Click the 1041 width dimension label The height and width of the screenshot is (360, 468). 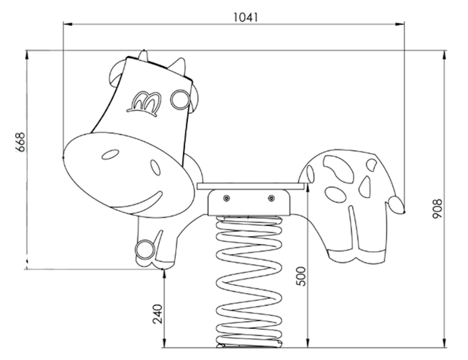tap(245, 18)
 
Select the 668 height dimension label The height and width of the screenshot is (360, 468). tap(20, 142)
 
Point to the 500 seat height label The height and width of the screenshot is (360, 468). tap(302, 276)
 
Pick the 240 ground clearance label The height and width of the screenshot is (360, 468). tap(157, 314)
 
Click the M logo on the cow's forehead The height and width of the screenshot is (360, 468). tap(144, 104)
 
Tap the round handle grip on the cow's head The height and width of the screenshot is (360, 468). tap(180, 100)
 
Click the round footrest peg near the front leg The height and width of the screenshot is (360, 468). tap(145, 249)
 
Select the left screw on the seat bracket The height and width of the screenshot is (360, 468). tap(226, 198)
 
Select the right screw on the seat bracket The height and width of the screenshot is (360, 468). tap(271, 198)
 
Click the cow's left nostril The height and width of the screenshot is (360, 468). tap(111, 155)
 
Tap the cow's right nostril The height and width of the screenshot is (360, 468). tap(155, 167)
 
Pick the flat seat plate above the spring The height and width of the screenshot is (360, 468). tap(251, 186)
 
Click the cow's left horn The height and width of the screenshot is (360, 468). tap(143, 55)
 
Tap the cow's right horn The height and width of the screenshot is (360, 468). tap(178, 67)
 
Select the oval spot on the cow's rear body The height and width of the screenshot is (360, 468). tap(335, 195)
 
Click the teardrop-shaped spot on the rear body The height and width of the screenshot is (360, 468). tap(364, 187)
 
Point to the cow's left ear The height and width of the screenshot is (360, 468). tap(115, 74)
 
